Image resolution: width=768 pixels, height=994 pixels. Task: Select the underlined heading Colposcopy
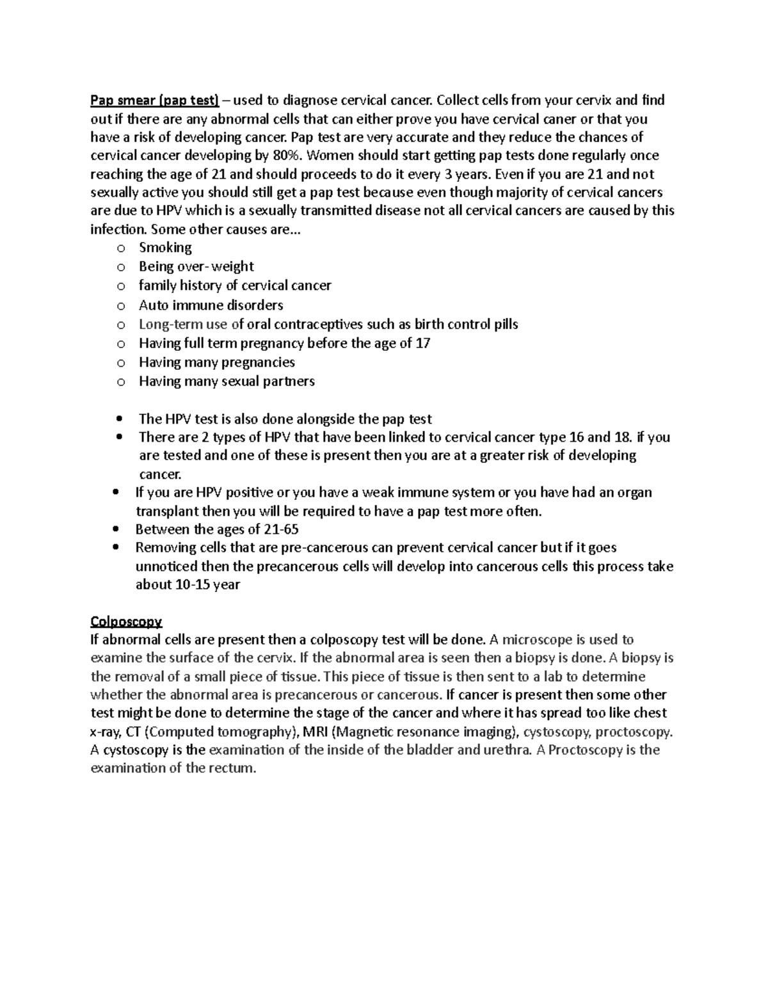pyautogui.click(x=126, y=621)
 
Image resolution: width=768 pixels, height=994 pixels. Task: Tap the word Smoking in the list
pyautogui.click(x=165, y=248)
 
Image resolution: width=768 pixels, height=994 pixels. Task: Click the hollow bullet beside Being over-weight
pyautogui.click(x=120, y=267)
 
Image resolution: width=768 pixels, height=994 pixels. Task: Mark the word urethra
pyautogui.click(x=509, y=750)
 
